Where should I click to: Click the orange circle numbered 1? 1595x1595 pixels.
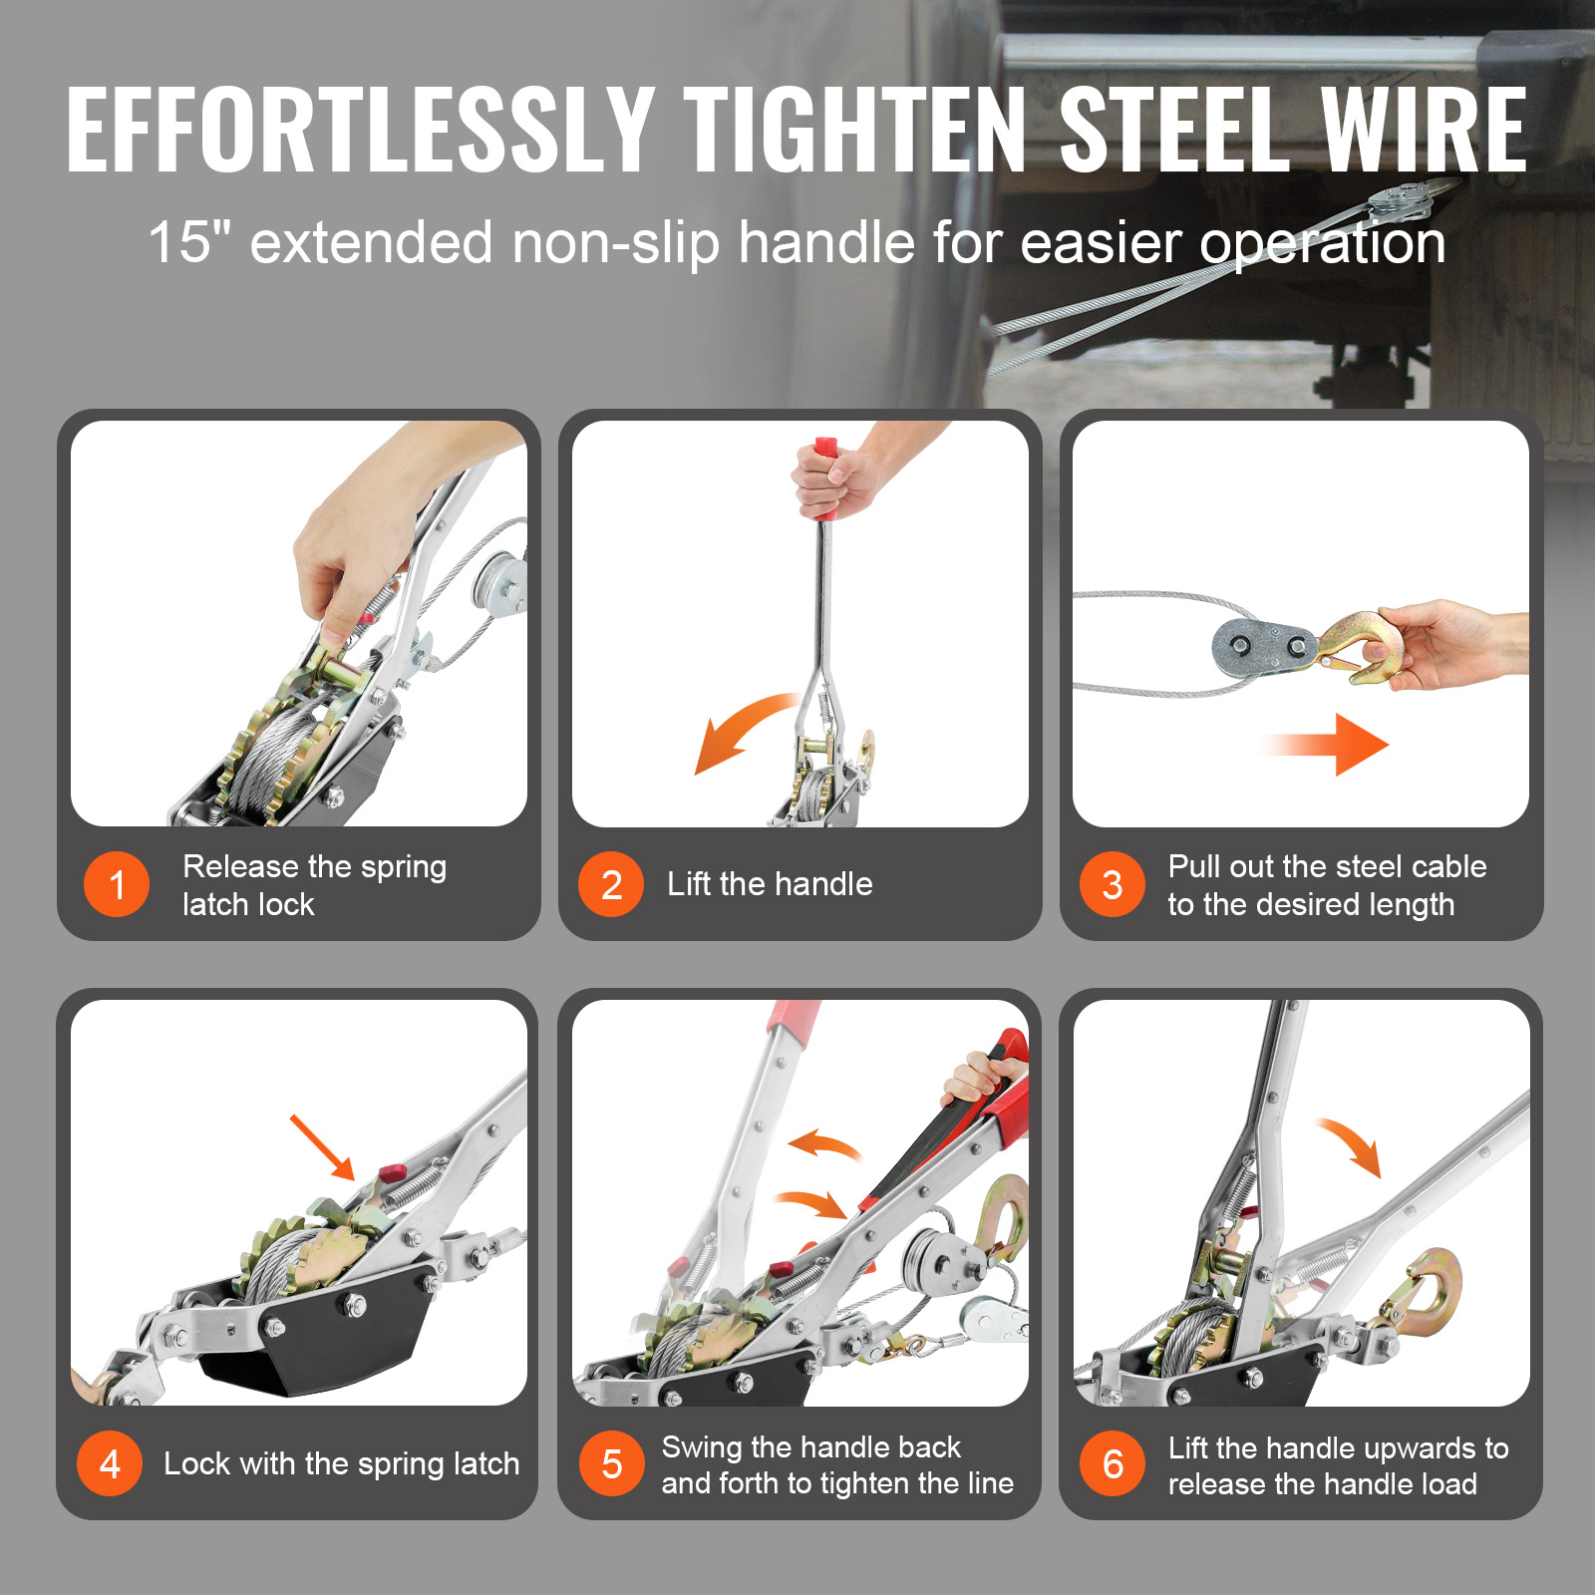click(117, 884)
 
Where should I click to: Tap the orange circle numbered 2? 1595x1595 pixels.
click(611, 884)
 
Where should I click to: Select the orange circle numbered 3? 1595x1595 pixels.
click(1113, 884)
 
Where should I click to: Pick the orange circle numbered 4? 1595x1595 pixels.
click(110, 1463)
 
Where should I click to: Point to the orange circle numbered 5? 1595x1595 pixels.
click(611, 1463)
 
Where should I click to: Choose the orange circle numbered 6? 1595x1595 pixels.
click(1113, 1463)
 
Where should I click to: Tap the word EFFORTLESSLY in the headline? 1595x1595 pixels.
click(360, 130)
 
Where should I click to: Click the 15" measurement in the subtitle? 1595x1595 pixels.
click(189, 242)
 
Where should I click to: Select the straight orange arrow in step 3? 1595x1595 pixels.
click(1326, 744)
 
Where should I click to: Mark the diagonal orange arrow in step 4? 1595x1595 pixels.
click(323, 1147)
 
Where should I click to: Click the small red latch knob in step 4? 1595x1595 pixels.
click(390, 1171)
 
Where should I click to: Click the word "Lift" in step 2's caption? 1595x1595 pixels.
click(689, 883)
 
